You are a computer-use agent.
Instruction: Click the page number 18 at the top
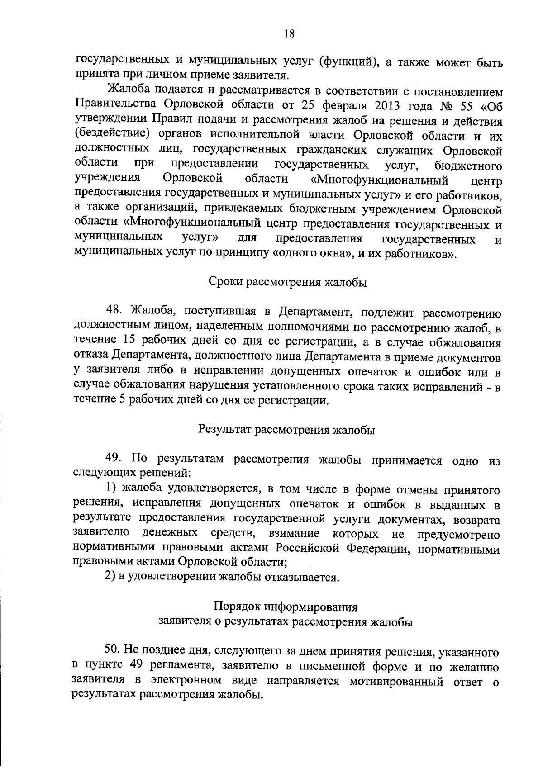[290, 33]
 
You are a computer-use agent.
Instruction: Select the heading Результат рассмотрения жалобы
[287, 430]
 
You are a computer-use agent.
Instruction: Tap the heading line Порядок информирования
[286, 607]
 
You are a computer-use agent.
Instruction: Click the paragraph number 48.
[114, 311]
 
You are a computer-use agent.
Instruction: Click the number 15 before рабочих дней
[129, 340]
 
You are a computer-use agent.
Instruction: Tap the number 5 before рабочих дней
[122, 400]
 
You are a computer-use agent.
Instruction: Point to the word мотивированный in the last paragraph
[396, 681]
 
